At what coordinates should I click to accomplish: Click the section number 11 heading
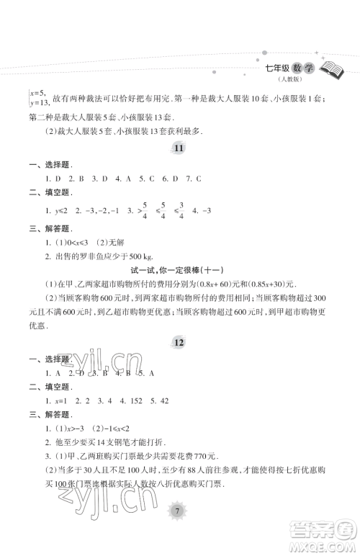tap(180, 148)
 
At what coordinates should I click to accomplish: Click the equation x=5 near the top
tap(35, 92)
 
